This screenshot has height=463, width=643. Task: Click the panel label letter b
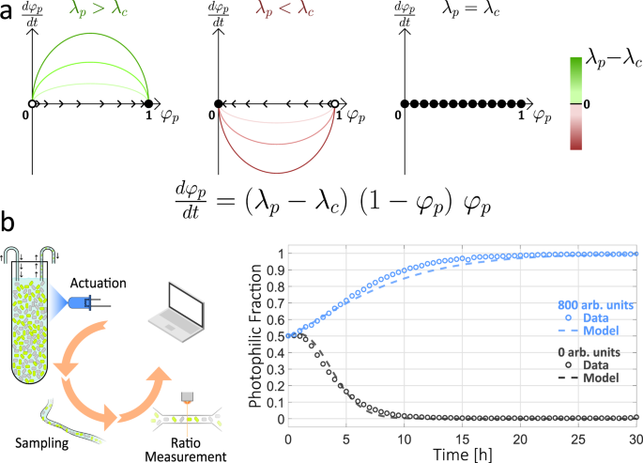tap(8, 226)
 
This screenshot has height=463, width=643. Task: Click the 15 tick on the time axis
tap(462, 435)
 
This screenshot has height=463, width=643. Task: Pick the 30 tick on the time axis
tap(635, 435)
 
